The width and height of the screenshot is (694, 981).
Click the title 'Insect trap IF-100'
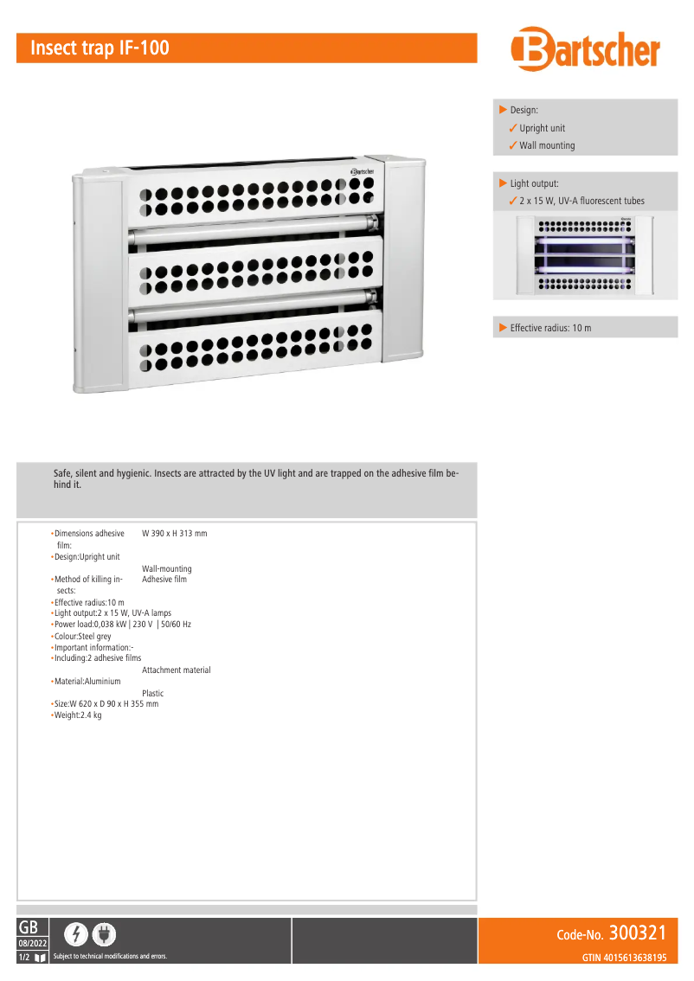tap(100, 48)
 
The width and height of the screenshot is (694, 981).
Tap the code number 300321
tap(638, 933)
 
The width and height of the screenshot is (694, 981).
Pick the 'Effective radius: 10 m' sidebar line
tap(550, 328)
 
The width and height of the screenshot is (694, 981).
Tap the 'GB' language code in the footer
tap(28, 926)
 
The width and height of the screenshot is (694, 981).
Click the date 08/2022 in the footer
tap(33, 943)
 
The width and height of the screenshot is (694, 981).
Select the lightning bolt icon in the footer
tap(77, 934)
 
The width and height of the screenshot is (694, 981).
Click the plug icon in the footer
tap(103, 934)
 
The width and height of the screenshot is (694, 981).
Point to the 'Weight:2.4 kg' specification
tap(78, 715)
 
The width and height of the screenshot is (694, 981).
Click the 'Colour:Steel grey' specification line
tap(82, 636)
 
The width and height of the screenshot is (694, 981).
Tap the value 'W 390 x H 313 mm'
tap(175, 534)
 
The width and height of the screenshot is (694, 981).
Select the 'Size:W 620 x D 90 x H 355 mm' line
tap(106, 704)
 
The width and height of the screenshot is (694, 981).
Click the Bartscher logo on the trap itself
tap(362, 171)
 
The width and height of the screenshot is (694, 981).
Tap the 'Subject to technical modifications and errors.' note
tap(110, 957)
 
